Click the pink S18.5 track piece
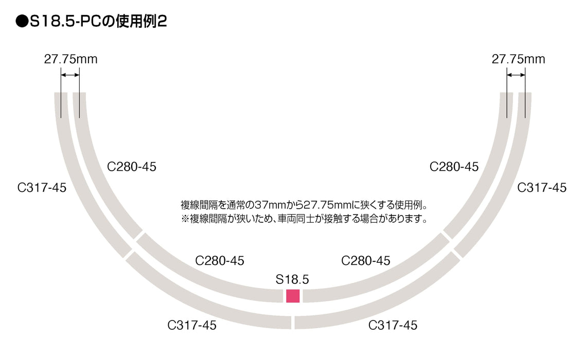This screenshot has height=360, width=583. coord(293,296)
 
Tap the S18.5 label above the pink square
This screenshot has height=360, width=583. coord(292,280)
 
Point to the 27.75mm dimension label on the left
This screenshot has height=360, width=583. coord(70,59)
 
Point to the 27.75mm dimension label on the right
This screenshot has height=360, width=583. coord(518,59)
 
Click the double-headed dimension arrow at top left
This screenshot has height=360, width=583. coord(70,75)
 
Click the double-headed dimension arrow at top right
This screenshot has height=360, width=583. coord(516,75)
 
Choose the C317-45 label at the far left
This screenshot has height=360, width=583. coord(42,188)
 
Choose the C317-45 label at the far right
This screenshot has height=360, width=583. coord(542,188)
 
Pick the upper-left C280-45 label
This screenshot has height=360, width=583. coord(131,167)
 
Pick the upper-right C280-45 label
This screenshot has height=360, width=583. coord(454,167)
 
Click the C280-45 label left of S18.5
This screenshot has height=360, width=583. coord(220,261)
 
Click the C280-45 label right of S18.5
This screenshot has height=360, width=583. coord(366,261)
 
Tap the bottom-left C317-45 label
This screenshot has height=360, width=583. coord(192,326)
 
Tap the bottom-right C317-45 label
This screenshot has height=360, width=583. coord(393,326)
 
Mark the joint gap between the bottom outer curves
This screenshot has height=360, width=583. coord(293,322)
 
